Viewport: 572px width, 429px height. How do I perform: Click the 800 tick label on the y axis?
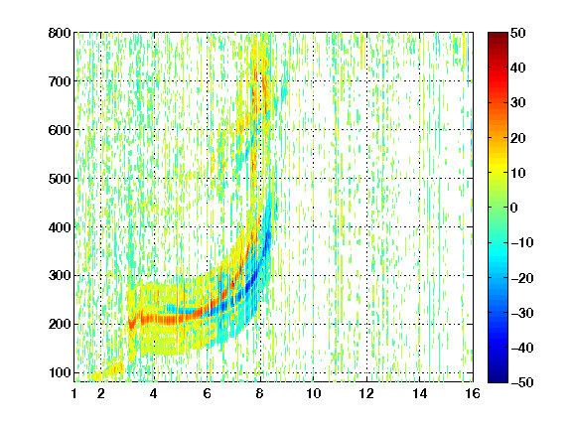(60, 33)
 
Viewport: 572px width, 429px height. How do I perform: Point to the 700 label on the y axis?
(60, 81)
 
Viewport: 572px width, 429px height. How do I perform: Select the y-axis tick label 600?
(60, 130)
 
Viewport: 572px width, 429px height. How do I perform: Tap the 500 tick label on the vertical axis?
(60, 179)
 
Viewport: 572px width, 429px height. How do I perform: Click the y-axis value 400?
(60, 227)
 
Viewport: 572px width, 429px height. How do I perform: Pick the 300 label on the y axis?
(60, 275)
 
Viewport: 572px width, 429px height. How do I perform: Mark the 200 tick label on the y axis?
(60, 324)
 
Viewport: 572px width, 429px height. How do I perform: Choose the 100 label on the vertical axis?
(60, 372)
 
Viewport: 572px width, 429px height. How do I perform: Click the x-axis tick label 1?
(74, 393)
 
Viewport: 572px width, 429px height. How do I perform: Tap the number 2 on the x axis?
(101, 393)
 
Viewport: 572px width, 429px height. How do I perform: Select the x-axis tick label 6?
(208, 393)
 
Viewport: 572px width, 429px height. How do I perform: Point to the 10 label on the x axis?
(314, 393)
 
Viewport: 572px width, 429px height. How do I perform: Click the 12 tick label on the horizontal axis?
(366, 393)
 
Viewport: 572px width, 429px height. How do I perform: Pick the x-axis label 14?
(420, 393)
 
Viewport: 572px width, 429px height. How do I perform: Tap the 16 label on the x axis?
(473, 393)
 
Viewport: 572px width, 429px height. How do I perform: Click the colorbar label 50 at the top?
(518, 33)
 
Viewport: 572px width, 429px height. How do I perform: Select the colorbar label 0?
(514, 208)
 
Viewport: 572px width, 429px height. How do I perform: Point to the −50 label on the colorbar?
(522, 382)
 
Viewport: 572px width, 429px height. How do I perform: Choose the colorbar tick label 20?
(518, 138)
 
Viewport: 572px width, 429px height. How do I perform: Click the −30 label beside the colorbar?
(522, 313)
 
